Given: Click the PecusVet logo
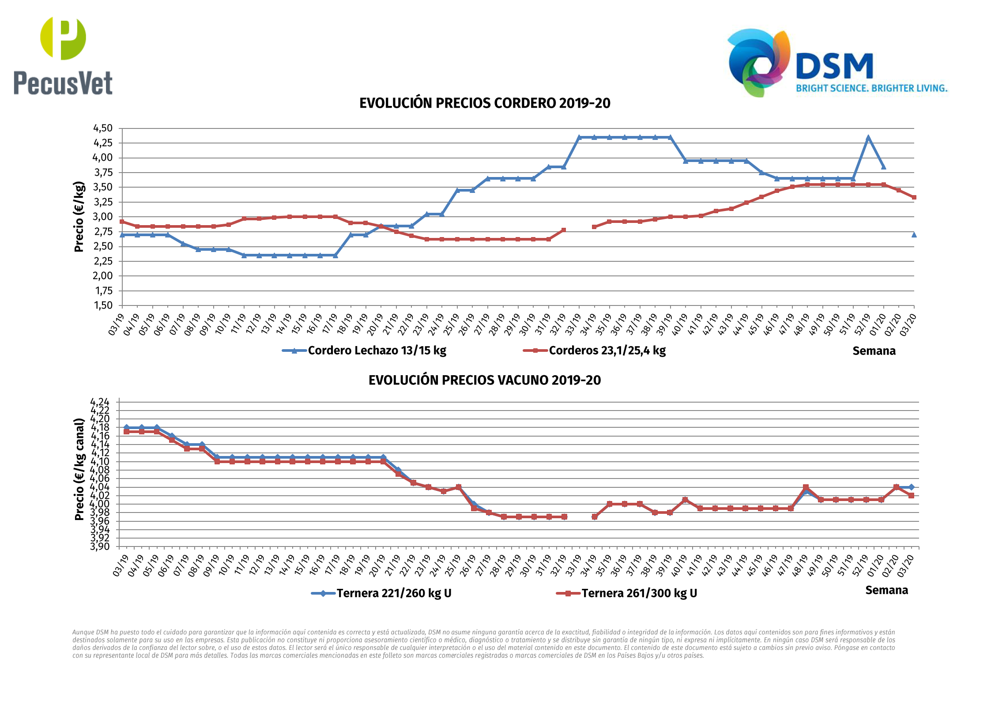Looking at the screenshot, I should tap(63, 56).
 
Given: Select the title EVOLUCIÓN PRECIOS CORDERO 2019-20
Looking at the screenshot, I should tap(485, 103).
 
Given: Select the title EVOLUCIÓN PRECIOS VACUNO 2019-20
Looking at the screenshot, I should tap(485, 380).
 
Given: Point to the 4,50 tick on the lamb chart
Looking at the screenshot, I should tap(103, 128).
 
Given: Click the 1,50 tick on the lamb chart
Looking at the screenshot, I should tap(103, 305).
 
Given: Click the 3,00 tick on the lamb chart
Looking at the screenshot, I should tap(103, 217).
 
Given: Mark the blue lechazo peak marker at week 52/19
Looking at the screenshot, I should tap(868, 138).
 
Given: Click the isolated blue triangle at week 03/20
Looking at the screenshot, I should tap(914, 235).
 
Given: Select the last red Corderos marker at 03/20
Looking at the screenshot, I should tap(914, 197).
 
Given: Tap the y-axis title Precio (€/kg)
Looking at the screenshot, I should tap(79, 217).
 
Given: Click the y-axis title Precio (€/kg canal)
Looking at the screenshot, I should tap(79, 469).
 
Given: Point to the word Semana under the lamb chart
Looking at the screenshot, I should tap(874, 351).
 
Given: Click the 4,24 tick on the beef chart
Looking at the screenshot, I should tap(100, 402).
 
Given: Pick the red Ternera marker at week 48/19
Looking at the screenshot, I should tap(806, 487).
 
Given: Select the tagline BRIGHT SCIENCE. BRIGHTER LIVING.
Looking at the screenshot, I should tap(871, 88).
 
